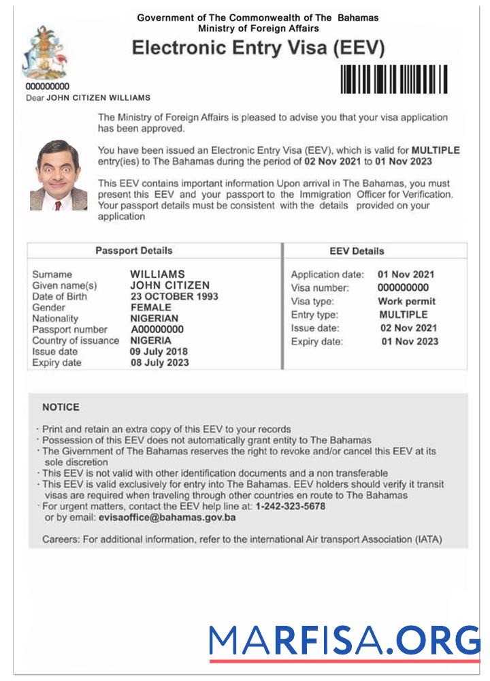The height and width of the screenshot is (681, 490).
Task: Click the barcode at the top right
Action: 393,79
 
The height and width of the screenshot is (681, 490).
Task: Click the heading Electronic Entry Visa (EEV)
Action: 258,48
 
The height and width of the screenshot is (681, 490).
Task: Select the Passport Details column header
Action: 133,251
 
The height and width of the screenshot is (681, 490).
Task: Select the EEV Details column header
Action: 357,251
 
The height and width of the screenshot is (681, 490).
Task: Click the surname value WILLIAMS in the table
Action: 157,274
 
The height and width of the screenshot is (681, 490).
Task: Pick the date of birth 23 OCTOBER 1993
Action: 174,296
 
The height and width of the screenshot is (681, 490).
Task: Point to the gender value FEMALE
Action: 150,307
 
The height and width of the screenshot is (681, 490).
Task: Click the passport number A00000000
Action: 157,330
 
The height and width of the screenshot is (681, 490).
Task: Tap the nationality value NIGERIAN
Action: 154,318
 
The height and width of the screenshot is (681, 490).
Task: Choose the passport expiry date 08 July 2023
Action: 159,363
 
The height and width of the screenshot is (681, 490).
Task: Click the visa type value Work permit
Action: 406,301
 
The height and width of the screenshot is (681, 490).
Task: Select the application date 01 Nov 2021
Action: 406,274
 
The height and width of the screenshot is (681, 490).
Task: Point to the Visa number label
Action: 320,288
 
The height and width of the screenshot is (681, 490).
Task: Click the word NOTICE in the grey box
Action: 61,407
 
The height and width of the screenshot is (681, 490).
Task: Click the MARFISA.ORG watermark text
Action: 344,641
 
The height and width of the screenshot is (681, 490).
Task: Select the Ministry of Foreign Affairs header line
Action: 258,29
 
